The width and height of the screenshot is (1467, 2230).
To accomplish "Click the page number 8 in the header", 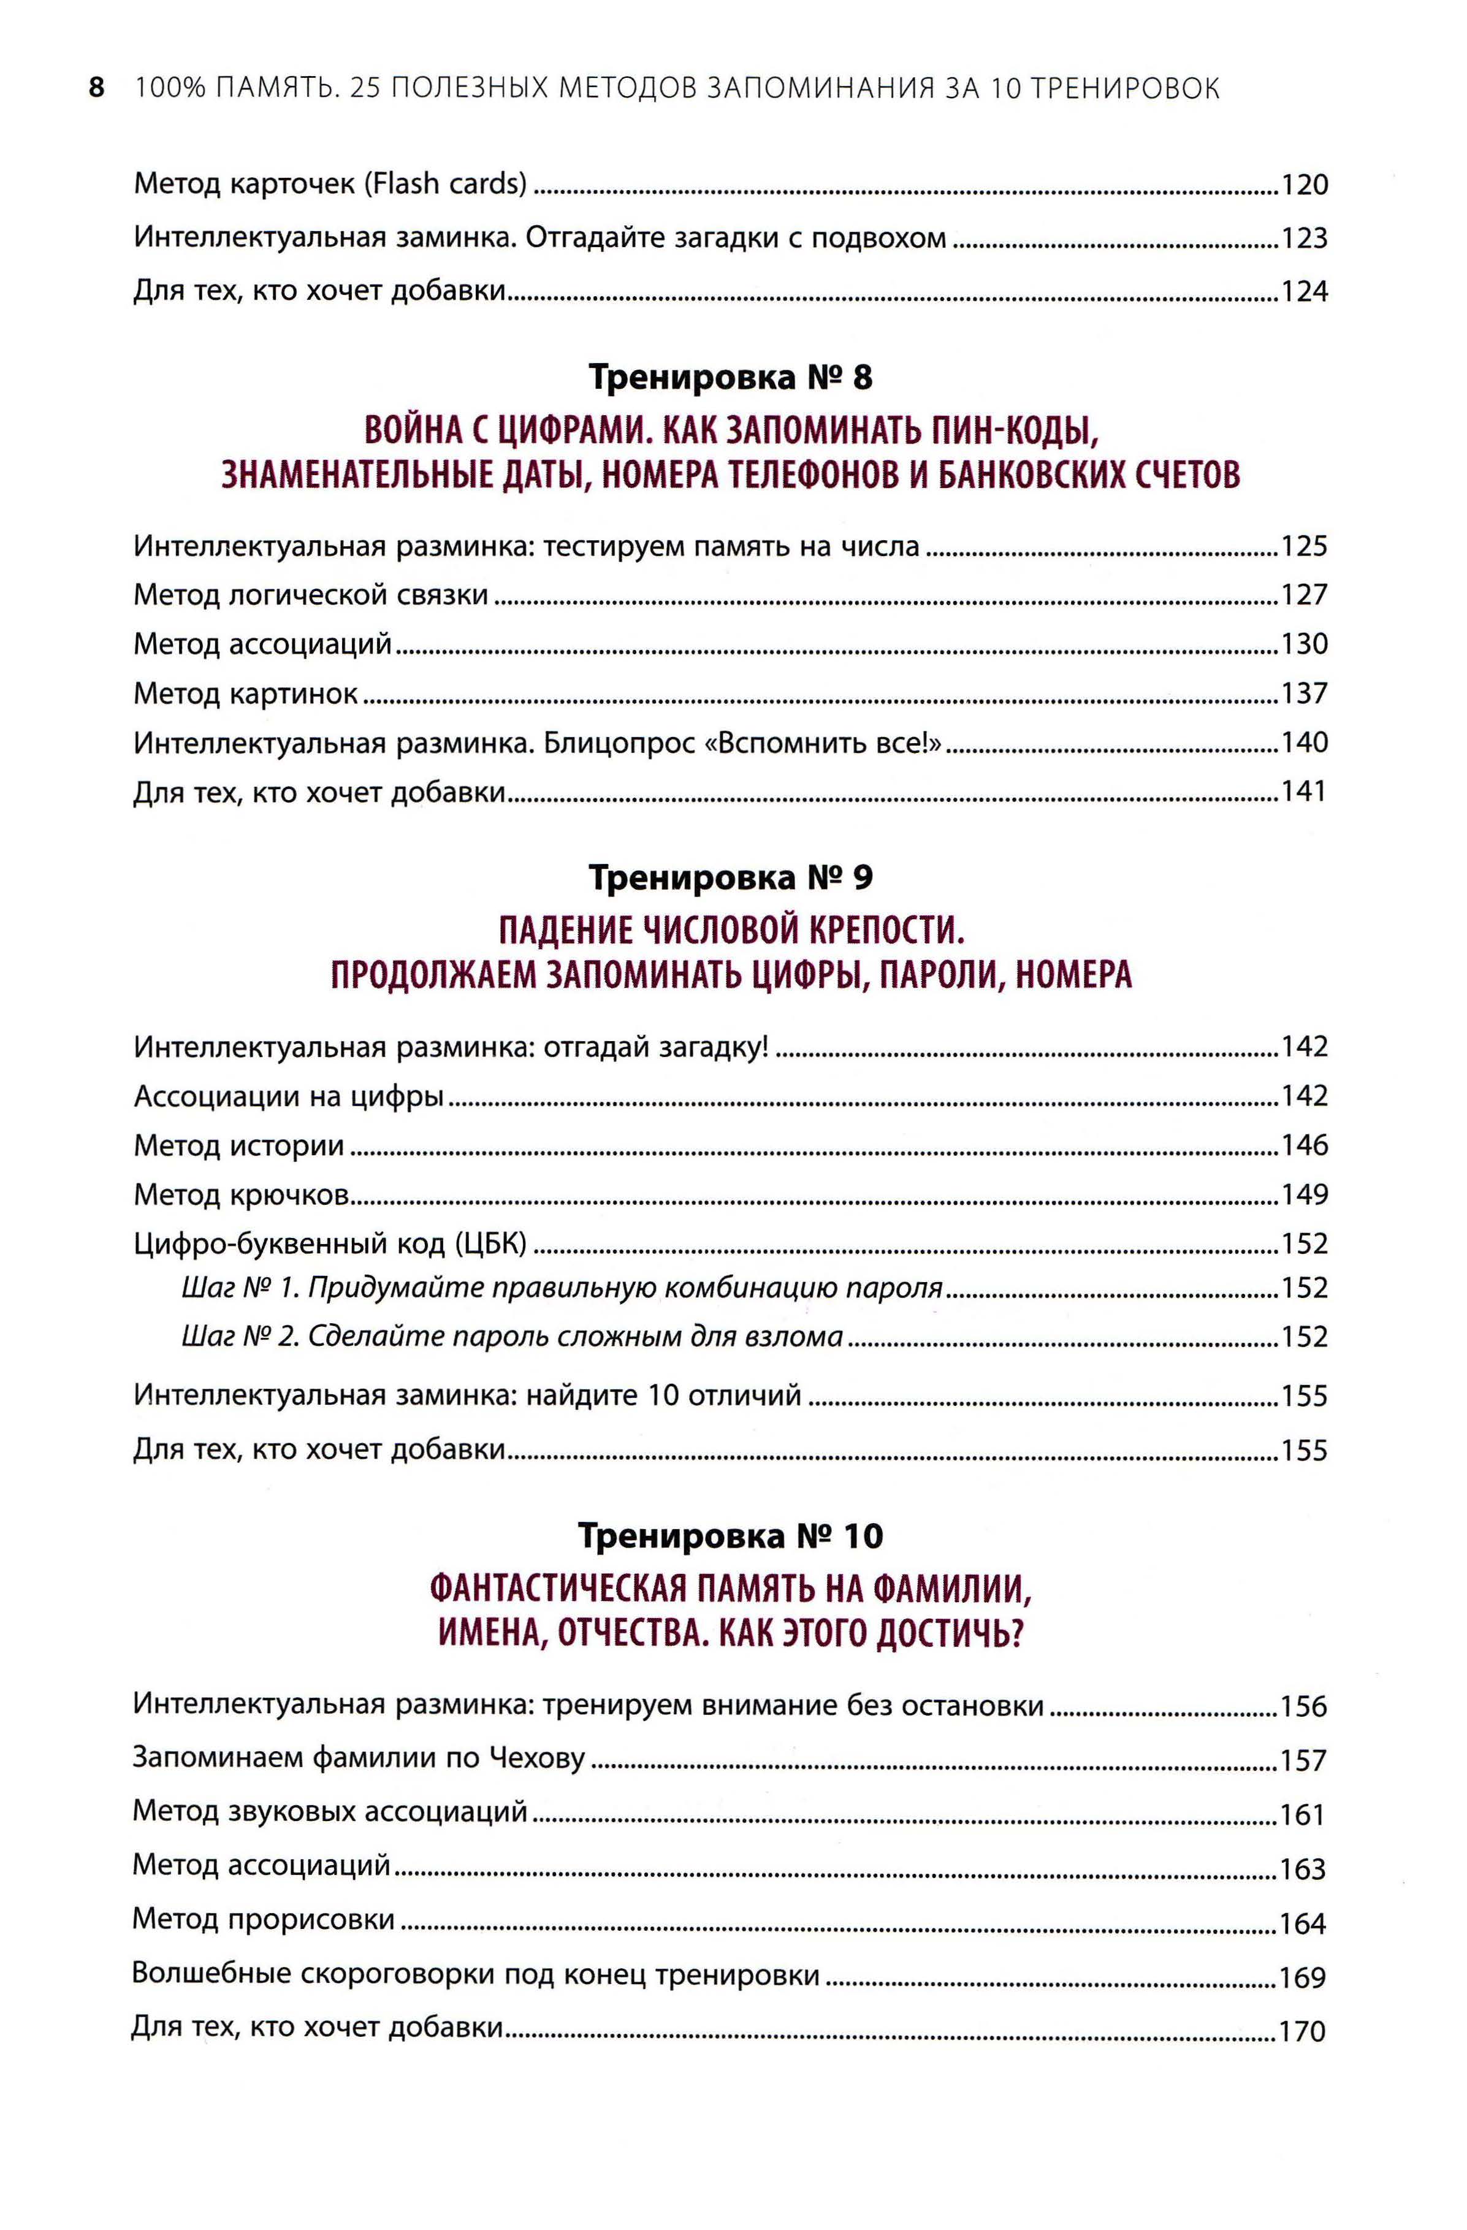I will click(96, 89).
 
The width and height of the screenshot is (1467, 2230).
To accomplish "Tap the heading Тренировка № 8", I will click(731, 378).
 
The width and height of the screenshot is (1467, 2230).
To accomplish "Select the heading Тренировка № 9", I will click(731, 878).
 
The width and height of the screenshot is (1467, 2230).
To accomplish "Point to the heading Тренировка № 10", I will click(731, 1537).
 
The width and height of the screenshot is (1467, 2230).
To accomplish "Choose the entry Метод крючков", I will click(242, 1194).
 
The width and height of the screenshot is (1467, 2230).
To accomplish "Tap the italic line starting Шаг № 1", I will click(562, 1288).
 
